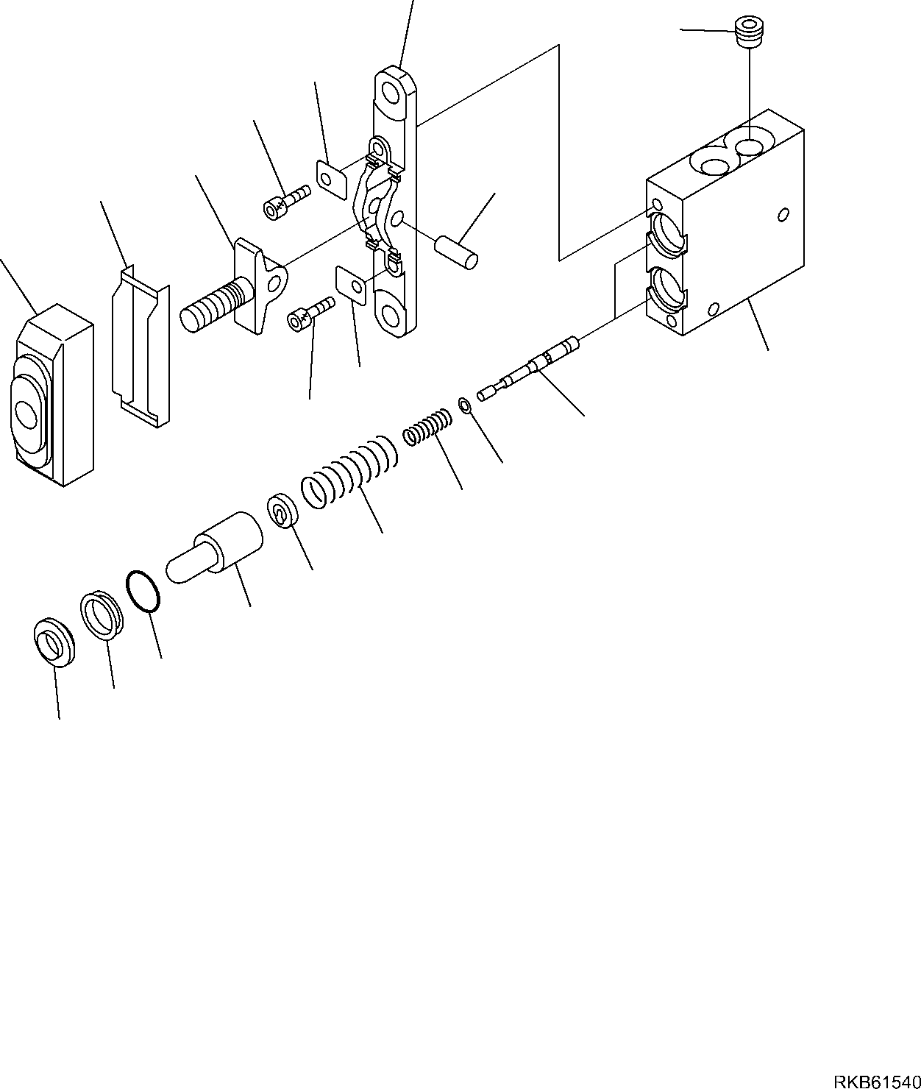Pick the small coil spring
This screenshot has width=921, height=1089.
[427, 428]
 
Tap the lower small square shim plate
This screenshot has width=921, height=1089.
[351, 285]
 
